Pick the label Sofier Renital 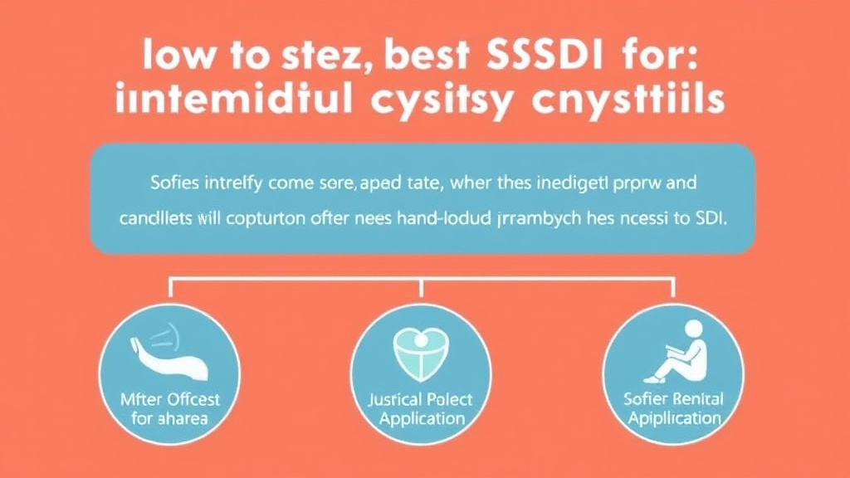[x=673, y=399]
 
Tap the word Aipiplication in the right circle [x=673, y=417]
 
